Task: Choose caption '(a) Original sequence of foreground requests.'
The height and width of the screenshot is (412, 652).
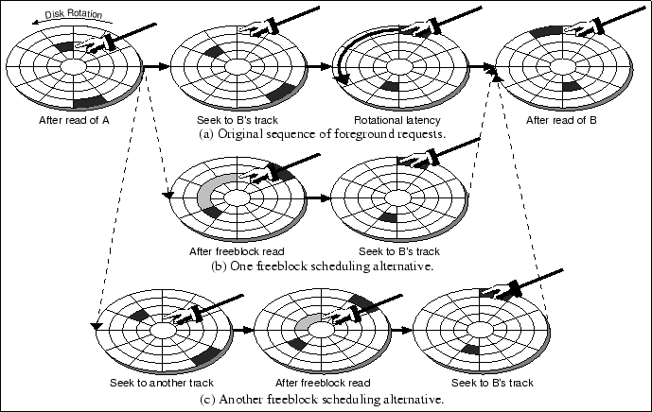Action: point(322,134)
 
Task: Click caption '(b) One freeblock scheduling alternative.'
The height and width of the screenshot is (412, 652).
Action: point(324,266)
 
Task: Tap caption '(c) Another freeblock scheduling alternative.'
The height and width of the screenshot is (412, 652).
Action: point(324,399)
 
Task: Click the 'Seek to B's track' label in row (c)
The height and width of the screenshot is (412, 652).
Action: point(491,383)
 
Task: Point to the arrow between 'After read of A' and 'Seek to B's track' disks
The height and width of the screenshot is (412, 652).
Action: point(155,66)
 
